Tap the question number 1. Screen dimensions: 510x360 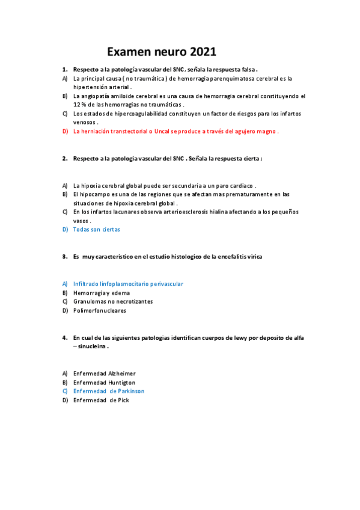click(x=64, y=69)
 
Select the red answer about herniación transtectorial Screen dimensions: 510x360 click(x=175, y=131)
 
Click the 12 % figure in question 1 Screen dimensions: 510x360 click(x=79, y=105)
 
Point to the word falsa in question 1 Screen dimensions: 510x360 click(x=245, y=69)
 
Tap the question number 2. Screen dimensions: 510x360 click(x=64, y=158)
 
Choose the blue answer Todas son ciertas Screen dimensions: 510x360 click(x=96, y=229)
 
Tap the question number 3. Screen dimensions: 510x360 click(x=64, y=256)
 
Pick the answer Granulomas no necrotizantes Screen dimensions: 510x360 click(x=113, y=301)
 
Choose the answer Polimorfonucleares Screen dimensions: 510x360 click(x=100, y=310)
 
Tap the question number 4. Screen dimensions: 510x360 click(x=64, y=337)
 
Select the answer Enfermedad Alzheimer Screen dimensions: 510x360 click(x=104, y=373)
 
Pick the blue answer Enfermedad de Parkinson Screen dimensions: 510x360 click(x=109, y=391)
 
